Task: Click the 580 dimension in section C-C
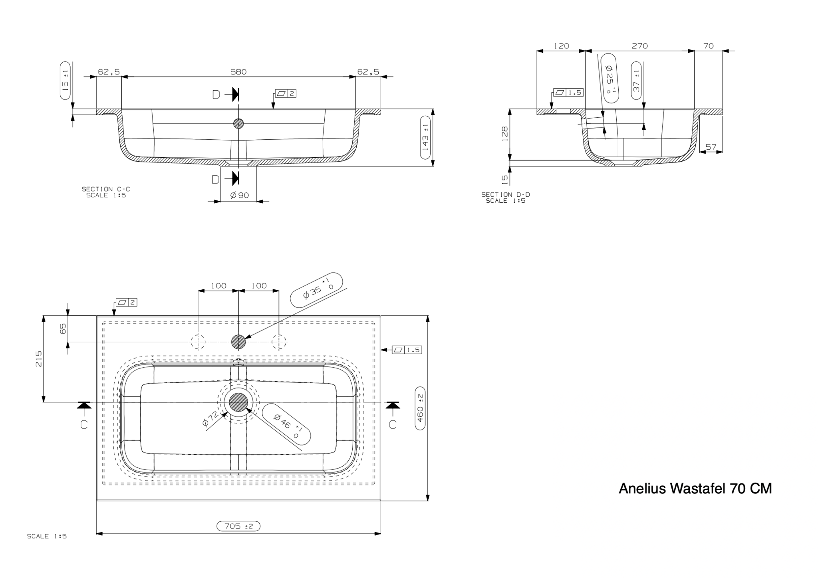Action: pos(238,72)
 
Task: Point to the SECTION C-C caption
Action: pos(106,192)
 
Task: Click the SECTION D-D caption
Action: pos(505,198)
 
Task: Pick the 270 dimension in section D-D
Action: pos(639,46)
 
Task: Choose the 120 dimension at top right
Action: pos(561,46)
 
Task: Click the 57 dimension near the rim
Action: pos(711,147)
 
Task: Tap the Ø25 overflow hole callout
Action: pos(609,79)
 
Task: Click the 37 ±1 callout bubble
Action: pos(637,80)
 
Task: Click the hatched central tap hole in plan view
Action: pos(238,341)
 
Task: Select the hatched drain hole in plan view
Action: pos(238,402)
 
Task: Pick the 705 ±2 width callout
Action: pos(238,526)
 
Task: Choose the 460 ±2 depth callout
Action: pos(420,408)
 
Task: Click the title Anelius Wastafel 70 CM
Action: pos(695,488)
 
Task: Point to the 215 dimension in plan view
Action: pos(39,359)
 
